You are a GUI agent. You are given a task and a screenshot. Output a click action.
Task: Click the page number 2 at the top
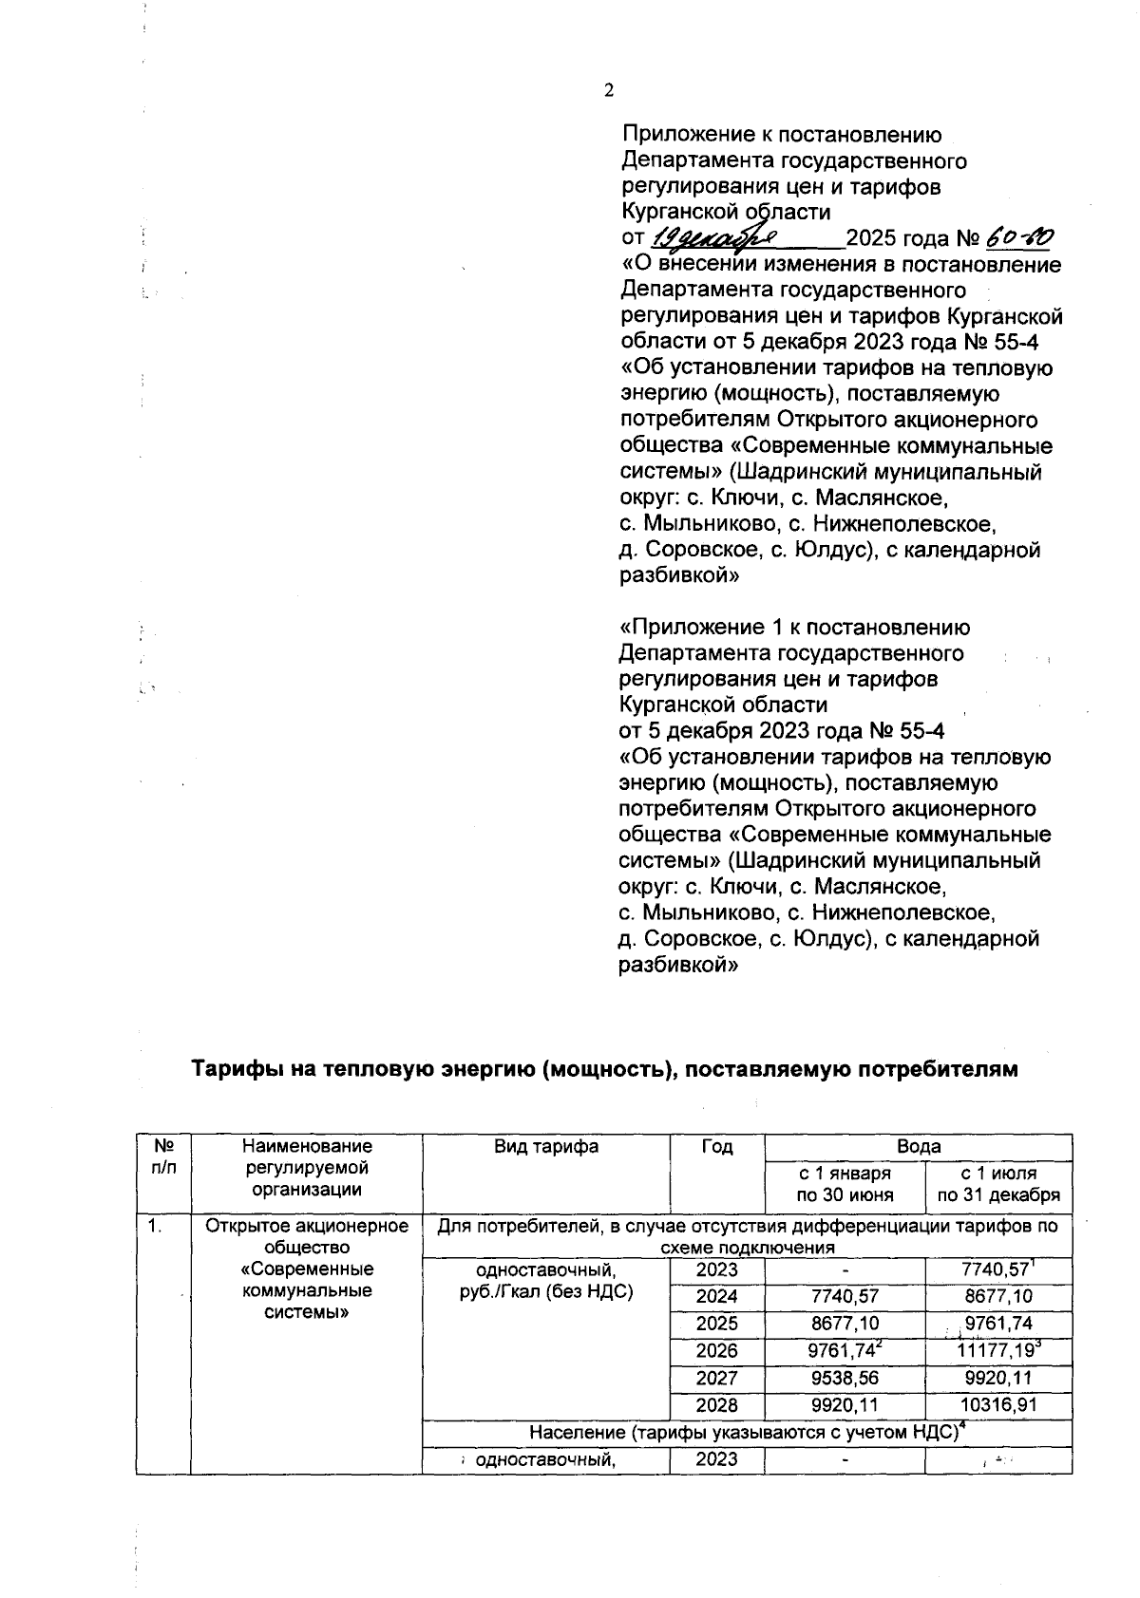click(x=609, y=90)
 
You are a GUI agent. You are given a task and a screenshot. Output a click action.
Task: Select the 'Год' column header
click(x=717, y=1147)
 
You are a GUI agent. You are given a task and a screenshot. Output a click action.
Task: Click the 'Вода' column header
click(x=918, y=1147)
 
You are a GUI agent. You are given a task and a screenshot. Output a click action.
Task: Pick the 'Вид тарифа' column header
click(x=546, y=1147)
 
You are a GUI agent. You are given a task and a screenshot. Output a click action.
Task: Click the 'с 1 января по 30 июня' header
click(x=844, y=1185)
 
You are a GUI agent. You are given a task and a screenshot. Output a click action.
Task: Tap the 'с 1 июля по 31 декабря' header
click(x=997, y=1185)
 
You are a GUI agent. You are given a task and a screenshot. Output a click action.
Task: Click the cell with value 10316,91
click(x=997, y=1404)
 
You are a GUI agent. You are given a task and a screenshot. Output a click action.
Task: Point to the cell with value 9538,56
click(x=844, y=1378)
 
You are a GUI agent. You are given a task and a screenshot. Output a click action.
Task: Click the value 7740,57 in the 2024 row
click(x=844, y=1297)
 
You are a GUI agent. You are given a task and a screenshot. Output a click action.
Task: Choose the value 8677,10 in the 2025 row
click(x=844, y=1324)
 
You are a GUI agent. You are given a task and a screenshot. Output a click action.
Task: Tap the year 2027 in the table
click(x=717, y=1378)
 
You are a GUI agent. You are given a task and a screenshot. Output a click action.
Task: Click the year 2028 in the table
click(x=717, y=1404)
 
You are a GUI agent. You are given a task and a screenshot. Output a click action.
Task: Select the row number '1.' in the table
click(x=155, y=1227)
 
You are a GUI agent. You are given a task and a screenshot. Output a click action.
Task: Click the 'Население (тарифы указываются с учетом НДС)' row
click(x=746, y=1433)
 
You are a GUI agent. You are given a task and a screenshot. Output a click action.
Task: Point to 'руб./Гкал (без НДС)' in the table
click(x=546, y=1291)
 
